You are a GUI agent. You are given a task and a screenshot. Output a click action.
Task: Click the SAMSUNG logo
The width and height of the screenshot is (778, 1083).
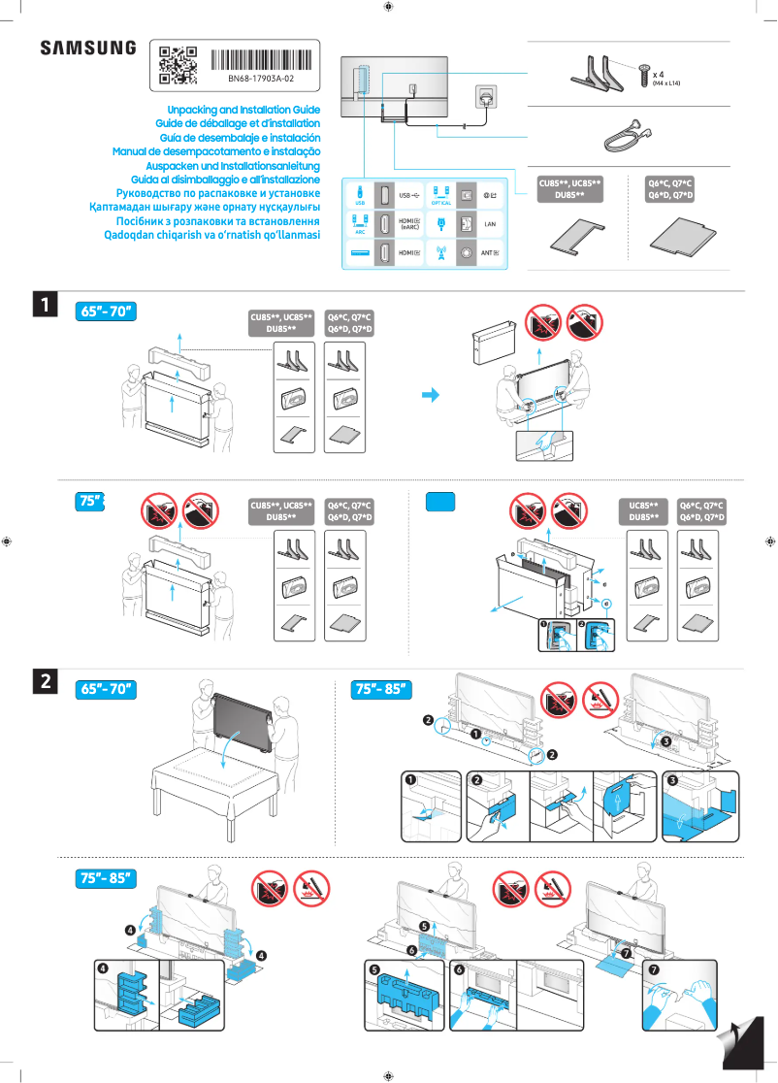coord(87,49)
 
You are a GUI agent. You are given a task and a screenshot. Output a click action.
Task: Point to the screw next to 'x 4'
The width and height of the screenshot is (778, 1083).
coord(643,68)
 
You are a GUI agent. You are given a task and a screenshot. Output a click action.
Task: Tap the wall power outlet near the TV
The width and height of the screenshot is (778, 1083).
coord(485,97)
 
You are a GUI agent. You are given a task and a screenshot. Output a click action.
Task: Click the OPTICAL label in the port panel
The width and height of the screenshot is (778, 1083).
coord(441,203)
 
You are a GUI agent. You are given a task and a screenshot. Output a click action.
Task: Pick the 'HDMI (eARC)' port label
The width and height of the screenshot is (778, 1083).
coord(408,224)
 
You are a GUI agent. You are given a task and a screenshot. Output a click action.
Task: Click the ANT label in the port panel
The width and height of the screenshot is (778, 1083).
coord(490,253)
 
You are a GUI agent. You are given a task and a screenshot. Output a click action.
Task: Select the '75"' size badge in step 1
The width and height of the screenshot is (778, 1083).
coord(90,501)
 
